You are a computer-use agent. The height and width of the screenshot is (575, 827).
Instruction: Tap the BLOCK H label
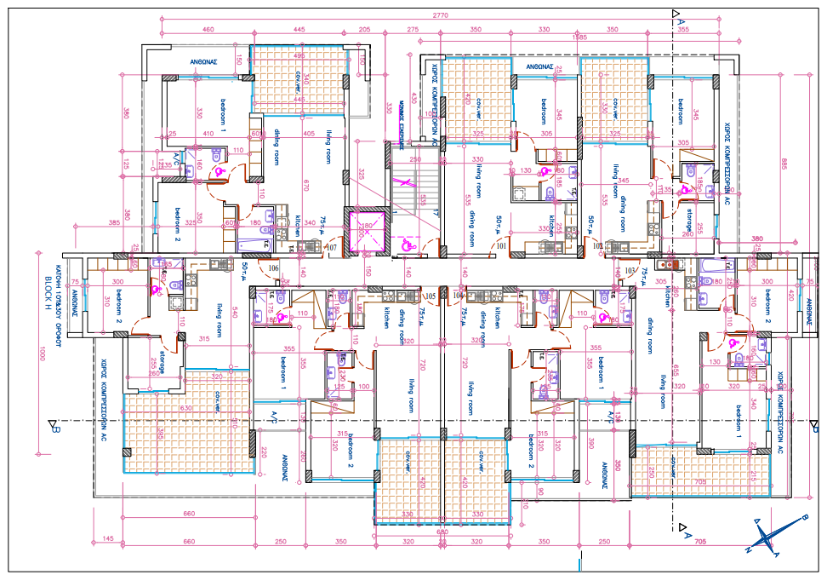point(47,285)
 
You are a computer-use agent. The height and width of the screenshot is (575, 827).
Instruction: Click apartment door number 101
point(501,247)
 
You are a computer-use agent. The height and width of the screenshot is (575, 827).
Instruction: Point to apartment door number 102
point(599,247)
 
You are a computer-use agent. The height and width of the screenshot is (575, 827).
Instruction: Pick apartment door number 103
point(630,270)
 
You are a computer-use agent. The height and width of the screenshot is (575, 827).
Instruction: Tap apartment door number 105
point(430,296)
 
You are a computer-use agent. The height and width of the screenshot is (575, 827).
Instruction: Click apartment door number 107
point(332,247)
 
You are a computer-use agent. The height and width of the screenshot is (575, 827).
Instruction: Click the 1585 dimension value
point(579,37)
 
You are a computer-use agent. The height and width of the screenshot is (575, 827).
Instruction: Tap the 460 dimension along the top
point(208,30)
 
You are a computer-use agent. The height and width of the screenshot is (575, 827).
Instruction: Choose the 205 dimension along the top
point(365,30)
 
